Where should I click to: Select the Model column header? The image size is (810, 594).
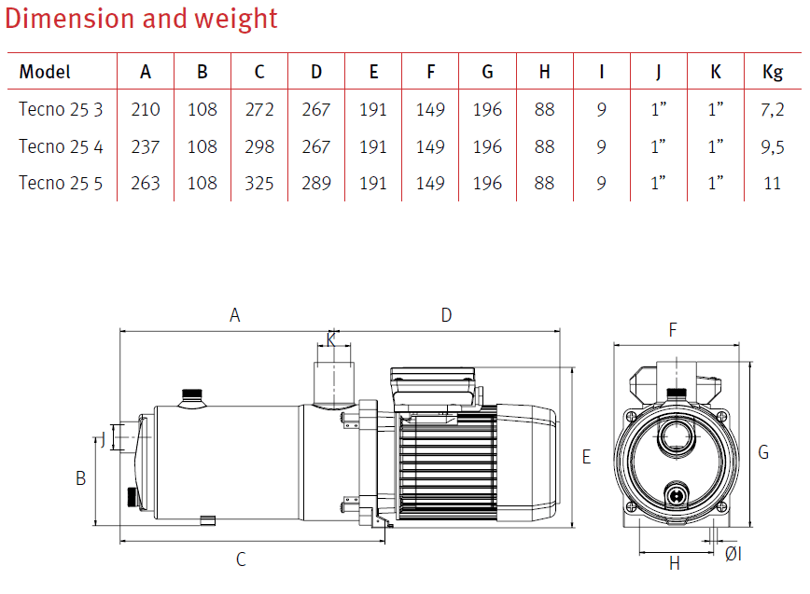(x=45, y=72)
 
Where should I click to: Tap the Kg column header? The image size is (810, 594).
(x=772, y=72)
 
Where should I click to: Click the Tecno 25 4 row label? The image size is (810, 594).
(x=62, y=146)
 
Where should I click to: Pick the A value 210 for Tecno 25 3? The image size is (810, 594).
(x=146, y=110)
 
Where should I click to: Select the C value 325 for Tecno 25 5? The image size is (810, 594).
(x=259, y=183)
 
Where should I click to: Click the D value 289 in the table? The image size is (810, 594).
(x=316, y=183)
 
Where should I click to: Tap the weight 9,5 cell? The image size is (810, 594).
(x=772, y=146)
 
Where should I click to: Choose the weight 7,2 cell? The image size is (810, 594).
(x=772, y=110)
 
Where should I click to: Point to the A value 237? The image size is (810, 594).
(x=146, y=146)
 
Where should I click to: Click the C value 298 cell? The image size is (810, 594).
(x=259, y=146)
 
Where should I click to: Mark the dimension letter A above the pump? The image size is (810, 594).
(x=235, y=316)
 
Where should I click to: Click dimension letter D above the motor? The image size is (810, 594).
(x=446, y=316)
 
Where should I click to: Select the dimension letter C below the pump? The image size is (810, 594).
(x=241, y=559)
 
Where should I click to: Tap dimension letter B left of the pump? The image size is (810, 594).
(x=81, y=477)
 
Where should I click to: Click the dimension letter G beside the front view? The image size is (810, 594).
(x=763, y=452)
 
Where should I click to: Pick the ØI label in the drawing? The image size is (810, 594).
(x=733, y=555)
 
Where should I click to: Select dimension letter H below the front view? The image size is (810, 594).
(x=675, y=563)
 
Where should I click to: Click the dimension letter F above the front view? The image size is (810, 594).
(x=673, y=329)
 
